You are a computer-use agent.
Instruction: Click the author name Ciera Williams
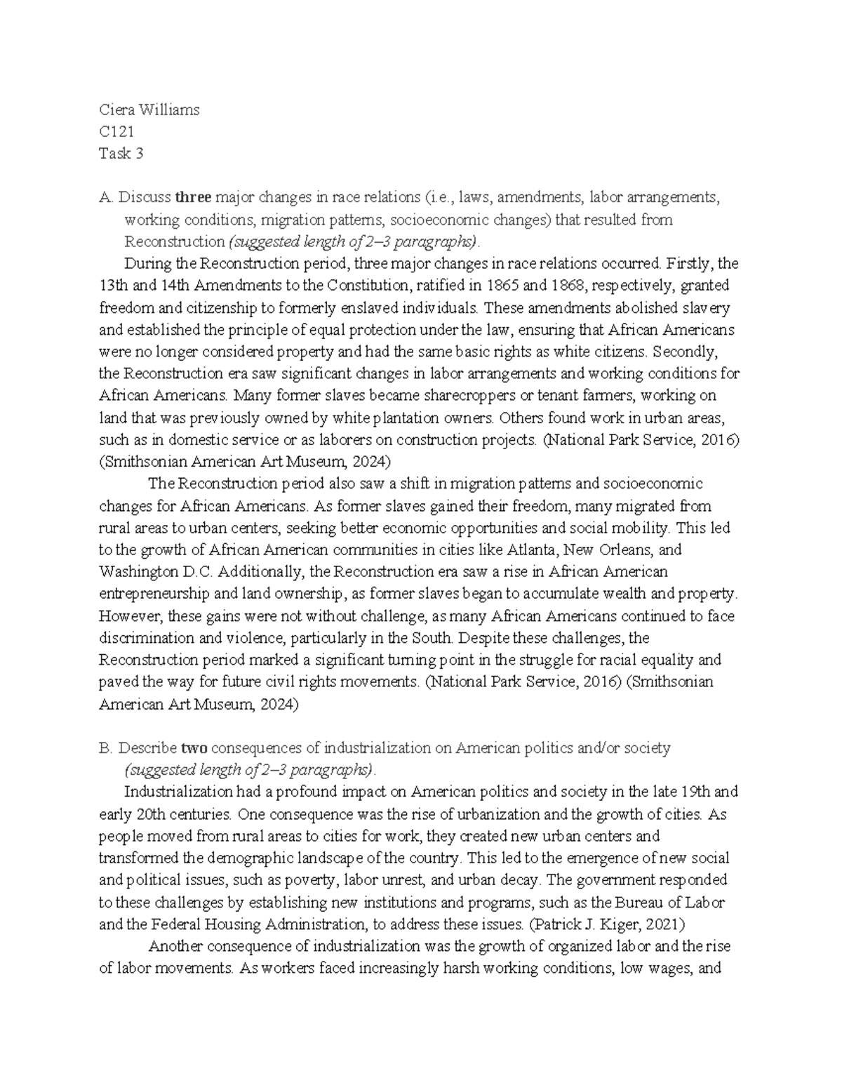tap(149, 109)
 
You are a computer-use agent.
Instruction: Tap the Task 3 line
tap(121, 154)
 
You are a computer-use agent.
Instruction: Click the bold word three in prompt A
tap(193, 197)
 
